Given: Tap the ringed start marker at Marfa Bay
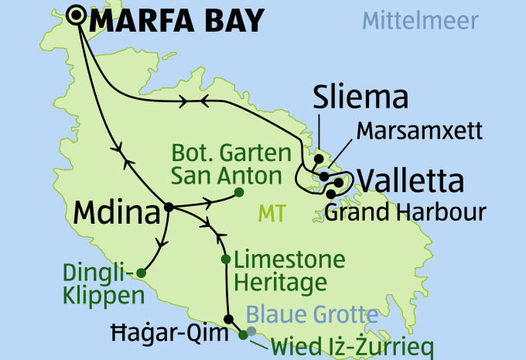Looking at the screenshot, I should point(77,15).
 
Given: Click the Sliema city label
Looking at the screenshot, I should point(360,98).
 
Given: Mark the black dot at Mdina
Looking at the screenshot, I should point(168,207).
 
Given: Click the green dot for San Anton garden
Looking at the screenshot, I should point(239,192).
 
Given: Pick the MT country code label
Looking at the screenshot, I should point(272,211).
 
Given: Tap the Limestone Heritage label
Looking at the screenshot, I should point(289,271).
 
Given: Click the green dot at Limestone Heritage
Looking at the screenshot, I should point(225,259).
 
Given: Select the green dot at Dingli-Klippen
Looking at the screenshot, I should point(141,272).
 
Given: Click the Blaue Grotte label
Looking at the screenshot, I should point(313,314).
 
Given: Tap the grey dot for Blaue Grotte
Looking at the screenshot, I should point(251,331).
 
